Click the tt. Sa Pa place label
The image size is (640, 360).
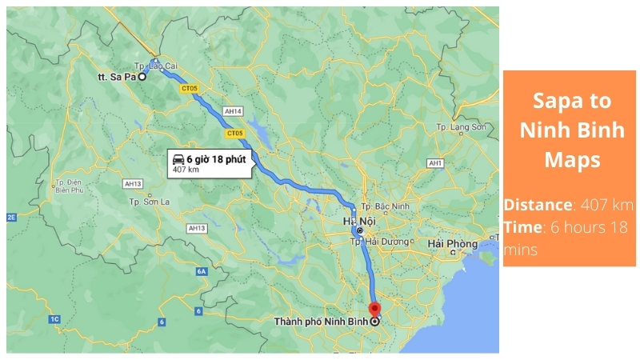(114, 78)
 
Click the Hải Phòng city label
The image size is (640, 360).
(452, 243)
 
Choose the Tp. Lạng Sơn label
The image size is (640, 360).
(462, 127)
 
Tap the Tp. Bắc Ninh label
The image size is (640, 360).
(386, 206)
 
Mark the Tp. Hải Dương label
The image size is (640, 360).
(384, 241)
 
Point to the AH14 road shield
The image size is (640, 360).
(234, 110)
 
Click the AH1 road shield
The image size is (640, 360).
(436, 163)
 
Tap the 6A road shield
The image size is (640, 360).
(202, 272)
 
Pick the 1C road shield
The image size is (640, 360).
(54, 319)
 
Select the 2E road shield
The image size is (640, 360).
(11, 217)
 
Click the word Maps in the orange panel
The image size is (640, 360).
(571, 160)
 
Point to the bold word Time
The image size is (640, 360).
(522, 227)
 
